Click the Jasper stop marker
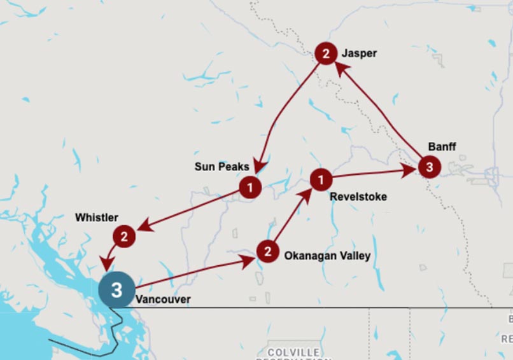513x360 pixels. tap(326, 53)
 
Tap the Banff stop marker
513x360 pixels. tap(430, 167)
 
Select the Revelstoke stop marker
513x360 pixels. tap(321, 179)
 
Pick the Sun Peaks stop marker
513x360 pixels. tap(250, 188)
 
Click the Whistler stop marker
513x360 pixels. tap(124, 237)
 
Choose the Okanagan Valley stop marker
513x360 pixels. tap(268, 251)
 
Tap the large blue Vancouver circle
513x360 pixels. tap(116, 290)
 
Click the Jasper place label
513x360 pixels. tap(359, 53)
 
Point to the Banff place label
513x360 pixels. tap(442, 147)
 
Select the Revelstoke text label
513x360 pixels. tap(358, 197)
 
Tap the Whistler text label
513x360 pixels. tap(97, 218)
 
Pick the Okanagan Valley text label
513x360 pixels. tap(327, 256)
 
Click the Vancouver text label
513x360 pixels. tap(163, 299)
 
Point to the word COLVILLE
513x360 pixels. tap(293, 352)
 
